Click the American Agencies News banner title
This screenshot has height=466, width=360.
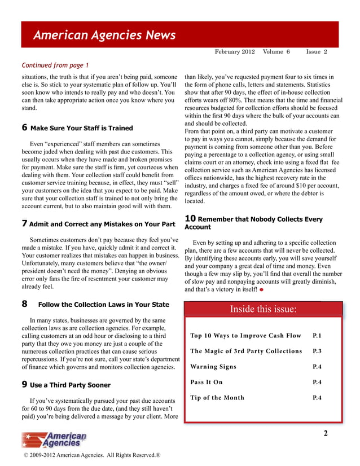tap(104, 36)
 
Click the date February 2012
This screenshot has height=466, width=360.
tap(235, 51)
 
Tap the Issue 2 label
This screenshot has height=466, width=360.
tap(317, 51)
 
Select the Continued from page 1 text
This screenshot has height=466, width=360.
tap(55, 65)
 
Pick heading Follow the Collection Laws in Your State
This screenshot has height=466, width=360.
tap(103, 305)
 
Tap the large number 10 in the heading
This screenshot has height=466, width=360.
tap(190, 219)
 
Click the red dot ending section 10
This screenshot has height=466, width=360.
tap(262, 290)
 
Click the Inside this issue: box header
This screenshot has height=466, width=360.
tap(263, 309)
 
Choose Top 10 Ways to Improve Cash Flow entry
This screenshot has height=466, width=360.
tap(246, 336)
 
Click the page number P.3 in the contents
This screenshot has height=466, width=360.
tap(317, 351)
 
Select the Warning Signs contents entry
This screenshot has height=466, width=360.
tap(213, 367)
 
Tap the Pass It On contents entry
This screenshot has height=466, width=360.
tap(207, 382)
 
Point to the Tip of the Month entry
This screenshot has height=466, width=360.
tap(217, 398)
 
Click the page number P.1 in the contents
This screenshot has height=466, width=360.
tap(317, 336)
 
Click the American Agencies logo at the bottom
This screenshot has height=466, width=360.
tap(54, 439)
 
